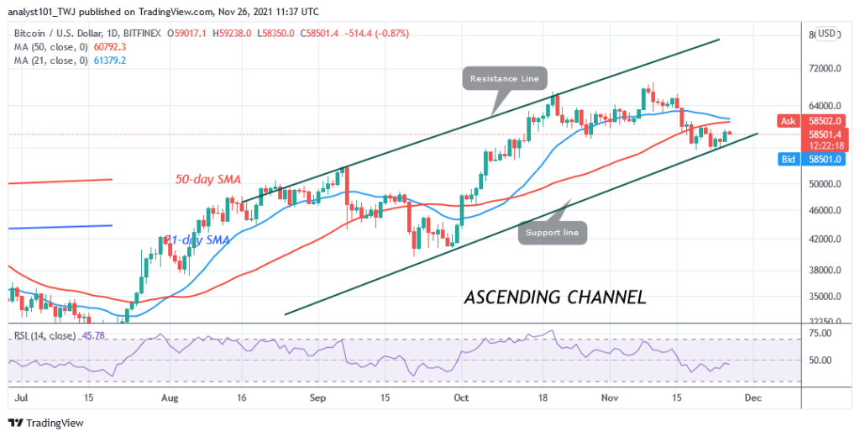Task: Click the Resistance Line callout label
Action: point(504,78)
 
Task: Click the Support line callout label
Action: point(552,231)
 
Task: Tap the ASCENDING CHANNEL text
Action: point(555,297)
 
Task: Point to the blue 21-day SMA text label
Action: point(197,240)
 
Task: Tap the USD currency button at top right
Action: point(826,34)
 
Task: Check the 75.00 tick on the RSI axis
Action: point(821,333)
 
